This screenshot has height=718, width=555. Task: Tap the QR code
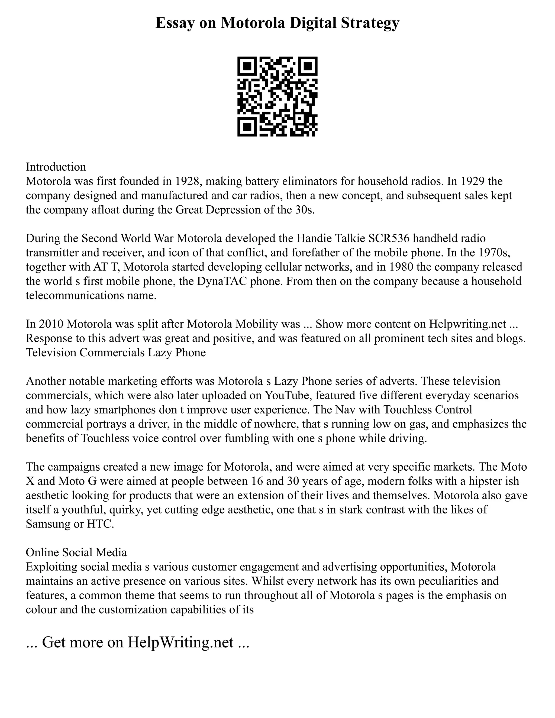[277, 96]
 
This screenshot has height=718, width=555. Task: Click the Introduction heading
[56, 167]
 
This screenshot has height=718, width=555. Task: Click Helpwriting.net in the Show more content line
[467, 324]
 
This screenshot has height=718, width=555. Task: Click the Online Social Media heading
[76, 552]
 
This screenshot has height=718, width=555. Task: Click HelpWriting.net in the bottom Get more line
[180, 642]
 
